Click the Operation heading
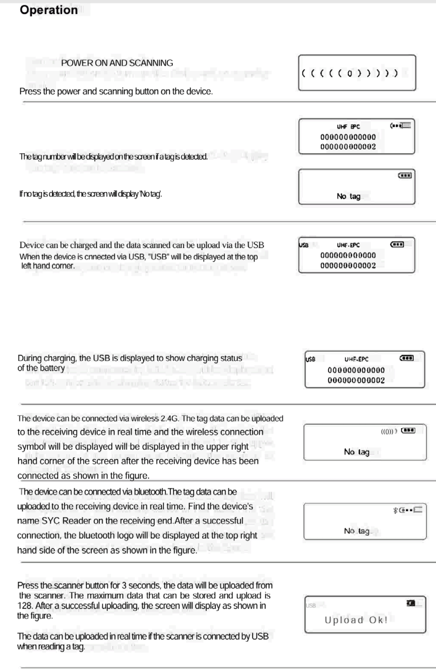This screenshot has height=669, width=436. point(49,10)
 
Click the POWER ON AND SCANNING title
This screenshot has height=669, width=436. point(117,63)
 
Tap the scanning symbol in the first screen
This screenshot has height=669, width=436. point(350,73)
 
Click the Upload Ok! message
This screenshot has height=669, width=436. point(356,620)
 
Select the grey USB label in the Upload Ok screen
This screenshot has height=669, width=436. point(311,605)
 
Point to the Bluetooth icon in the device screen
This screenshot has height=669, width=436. point(395,510)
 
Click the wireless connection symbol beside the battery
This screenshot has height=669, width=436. point(389,431)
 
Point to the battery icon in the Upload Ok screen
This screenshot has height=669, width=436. point(411,603)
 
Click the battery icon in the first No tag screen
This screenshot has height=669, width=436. point(405,175)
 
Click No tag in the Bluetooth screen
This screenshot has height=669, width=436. point(357,531)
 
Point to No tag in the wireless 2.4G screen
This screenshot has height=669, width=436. point(357,452)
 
